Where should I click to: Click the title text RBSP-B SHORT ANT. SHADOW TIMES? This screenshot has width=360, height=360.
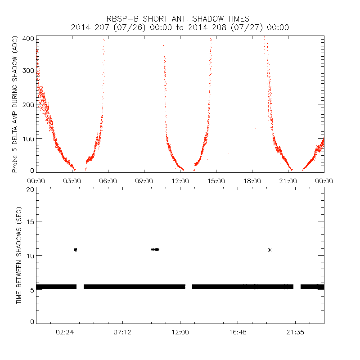point(180,18)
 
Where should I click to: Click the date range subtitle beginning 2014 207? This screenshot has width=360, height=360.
point(180,27)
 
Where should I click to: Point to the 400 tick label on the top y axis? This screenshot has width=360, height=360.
point(28,39)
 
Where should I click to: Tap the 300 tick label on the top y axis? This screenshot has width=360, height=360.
point(28,72)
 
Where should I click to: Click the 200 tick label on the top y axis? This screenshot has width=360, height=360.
point(28,104)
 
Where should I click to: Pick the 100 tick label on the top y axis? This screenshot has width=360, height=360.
point(28,137)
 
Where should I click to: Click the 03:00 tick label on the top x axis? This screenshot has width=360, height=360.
point(72,181)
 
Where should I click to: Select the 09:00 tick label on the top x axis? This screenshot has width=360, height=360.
point(144,181)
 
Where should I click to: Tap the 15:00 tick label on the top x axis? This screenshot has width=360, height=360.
point(216,181)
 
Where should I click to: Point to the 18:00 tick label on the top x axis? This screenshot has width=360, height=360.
point(252,181)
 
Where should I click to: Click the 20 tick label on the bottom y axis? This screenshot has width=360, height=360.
point(30,189)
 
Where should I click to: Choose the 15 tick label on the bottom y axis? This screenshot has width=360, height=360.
point(30,222)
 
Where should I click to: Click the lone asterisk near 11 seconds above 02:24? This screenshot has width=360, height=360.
point(75,250)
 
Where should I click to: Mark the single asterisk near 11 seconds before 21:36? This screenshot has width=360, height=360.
point(270,250)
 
